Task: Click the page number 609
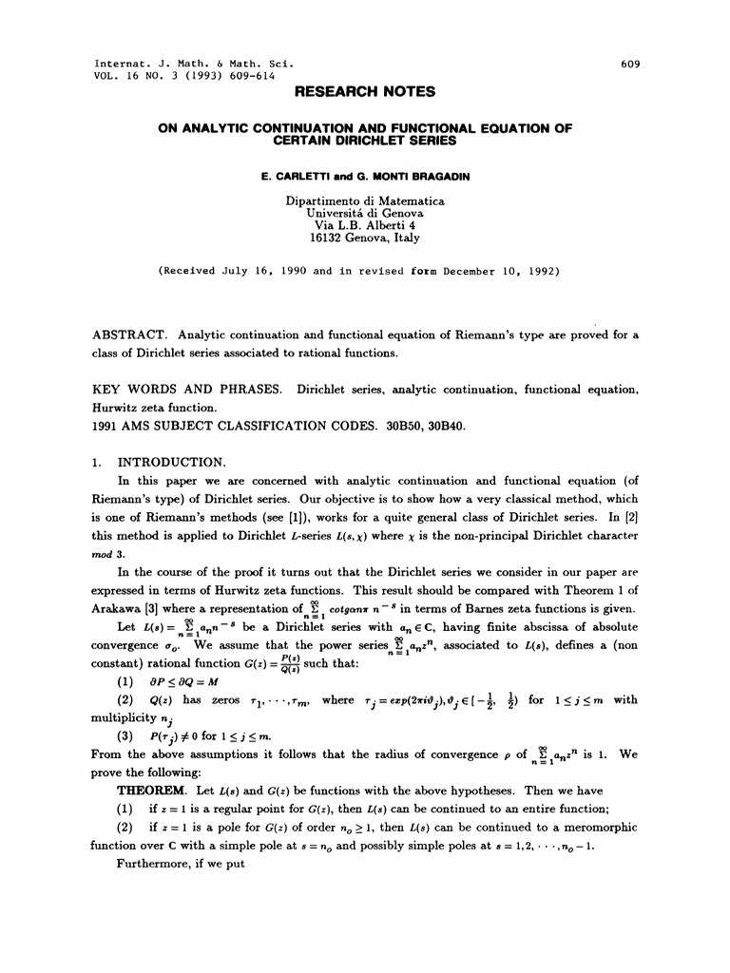(630, 65)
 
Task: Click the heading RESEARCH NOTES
(365, 92)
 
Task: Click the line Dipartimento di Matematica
(365, 201)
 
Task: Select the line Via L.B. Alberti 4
(365, 226)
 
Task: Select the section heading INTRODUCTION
(171, 463)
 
